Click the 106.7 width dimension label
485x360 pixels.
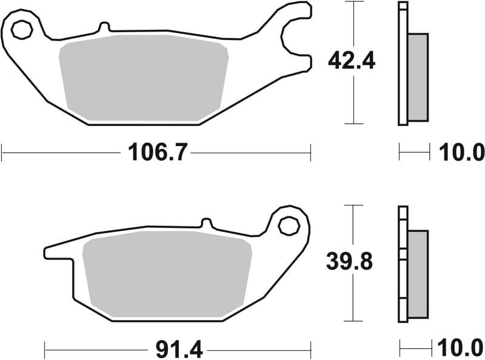tap(156, 152)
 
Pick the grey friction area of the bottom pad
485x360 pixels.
tap(167, 271)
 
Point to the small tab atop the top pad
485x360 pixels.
tap(104, 27)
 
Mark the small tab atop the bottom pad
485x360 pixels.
tap(205, 223)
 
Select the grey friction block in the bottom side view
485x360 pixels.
tap(418, 274)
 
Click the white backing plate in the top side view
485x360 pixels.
tap(403, 64)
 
